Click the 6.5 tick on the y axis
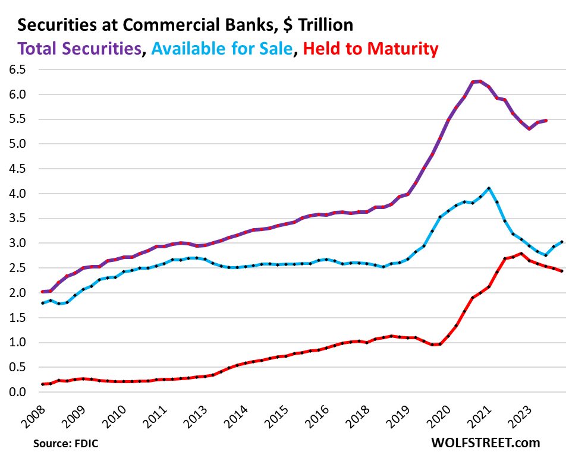coord(18,69)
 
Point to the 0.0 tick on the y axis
coord(18,392)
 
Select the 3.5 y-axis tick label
coord(18,218)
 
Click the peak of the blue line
coord(488,188)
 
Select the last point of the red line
coord(562,271)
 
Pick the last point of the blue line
coord(562,242)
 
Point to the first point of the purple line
coord(42,292)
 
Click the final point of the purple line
coord(546,120)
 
